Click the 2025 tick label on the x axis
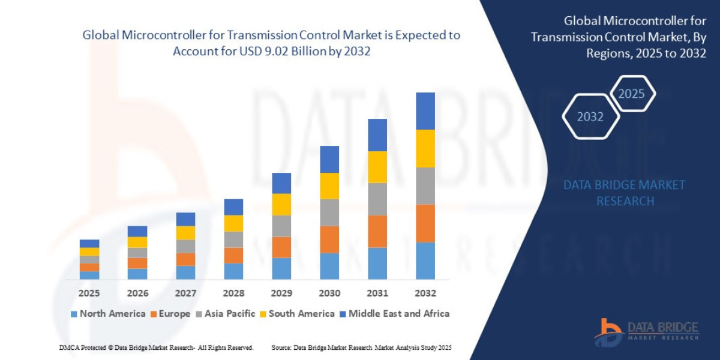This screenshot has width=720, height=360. [89, 293]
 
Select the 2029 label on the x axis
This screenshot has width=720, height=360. [281, 293]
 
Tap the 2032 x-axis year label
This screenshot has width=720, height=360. [425, 293]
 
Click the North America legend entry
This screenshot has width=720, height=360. [108, 313]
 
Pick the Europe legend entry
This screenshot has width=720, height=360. [170, 313]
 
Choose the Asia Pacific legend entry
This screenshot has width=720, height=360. [225, 313]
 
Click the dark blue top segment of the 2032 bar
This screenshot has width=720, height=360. [425, 111]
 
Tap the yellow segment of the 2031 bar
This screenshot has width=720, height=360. [377, 167]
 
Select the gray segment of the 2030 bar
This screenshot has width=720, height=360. [329, 212]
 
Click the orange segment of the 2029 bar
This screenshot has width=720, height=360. [281, 247]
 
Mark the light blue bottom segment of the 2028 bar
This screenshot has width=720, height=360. [233, 271]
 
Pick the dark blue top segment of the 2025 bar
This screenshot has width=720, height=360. [89, 244]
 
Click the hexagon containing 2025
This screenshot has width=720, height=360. [631, 94]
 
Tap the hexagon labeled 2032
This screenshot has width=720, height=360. [590, 116]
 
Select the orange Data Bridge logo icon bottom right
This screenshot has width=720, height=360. [608, 332]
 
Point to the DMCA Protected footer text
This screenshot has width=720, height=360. [156, 348]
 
